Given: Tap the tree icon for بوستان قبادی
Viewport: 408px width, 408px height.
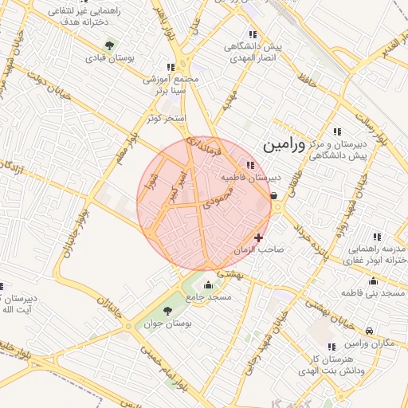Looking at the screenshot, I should (109, 43).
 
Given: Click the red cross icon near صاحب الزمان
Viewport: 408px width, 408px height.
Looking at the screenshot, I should (258, 237).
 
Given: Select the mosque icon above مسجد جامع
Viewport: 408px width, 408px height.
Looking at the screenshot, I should (209, 285).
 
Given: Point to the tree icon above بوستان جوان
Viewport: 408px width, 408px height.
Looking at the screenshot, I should (167, 311).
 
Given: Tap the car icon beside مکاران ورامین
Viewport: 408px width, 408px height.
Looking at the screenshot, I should (368, 331).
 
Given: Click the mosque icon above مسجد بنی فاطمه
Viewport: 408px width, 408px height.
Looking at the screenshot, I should (373, 280).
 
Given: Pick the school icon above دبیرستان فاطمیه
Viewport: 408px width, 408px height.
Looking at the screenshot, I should (251, 165).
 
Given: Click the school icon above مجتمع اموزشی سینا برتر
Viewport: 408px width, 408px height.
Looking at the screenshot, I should (169, 67).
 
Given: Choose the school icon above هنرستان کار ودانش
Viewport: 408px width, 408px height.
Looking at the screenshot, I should (331, 346).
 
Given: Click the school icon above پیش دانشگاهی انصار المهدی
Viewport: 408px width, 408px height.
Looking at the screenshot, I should (253, 34).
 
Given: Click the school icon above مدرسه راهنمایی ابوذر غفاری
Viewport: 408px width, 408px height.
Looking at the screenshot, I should (377, 237).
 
